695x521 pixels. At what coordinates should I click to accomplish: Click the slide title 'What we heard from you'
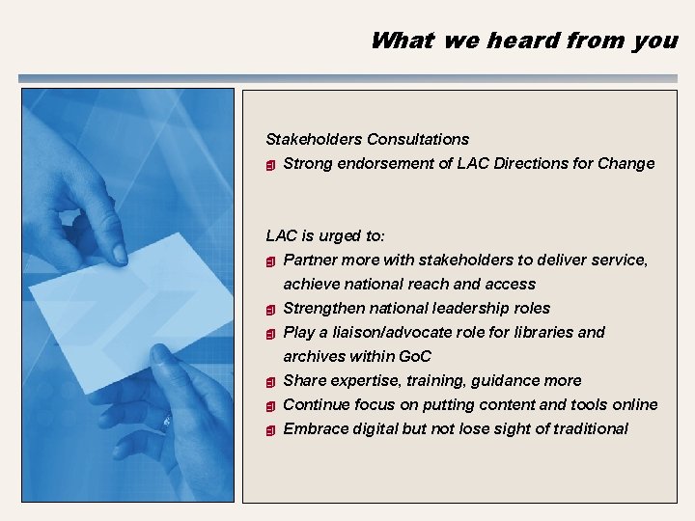[x=524, y=41]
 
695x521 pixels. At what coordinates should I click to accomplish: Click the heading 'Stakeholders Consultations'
[x=367, y=139]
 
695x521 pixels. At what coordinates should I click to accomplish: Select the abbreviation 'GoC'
[x=413, y=356]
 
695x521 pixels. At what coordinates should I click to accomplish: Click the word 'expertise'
[x=361, y=380]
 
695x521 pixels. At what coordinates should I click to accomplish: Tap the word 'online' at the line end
[x=635, y=404]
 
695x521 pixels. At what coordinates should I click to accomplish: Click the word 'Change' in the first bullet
[x=625, y=163]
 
